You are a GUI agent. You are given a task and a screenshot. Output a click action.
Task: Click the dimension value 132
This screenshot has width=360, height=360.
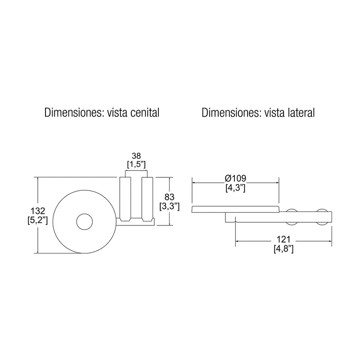pos(38,211)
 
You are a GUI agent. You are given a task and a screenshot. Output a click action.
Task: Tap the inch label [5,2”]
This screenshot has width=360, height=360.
pos(38,220)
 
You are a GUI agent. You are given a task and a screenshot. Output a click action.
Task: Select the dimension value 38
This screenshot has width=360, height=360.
pos(136,156)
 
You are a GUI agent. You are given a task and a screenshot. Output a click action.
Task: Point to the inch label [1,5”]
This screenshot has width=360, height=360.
pos(136,164)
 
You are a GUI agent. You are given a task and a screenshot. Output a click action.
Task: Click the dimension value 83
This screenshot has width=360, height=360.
pos(170,197)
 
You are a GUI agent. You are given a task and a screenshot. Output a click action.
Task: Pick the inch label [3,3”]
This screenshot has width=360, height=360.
pos(170,207)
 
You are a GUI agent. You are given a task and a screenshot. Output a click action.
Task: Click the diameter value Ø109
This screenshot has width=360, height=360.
pos(235,178)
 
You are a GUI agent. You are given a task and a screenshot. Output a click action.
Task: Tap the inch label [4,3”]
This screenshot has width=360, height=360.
pos(235,188)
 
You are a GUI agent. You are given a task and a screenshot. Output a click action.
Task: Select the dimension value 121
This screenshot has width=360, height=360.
pos(283,239)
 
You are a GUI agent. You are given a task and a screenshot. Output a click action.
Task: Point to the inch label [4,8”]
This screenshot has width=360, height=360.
pos(283,249)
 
